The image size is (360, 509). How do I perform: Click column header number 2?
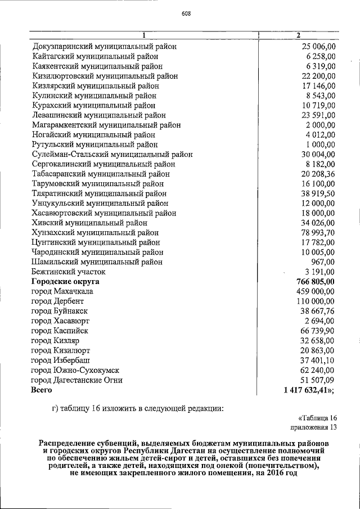tap(298, 36)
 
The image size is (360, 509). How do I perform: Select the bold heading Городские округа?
tap(65, 281)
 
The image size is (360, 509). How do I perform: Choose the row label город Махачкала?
tap(62, 291)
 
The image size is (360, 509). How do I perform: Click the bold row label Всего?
tap(42, 389)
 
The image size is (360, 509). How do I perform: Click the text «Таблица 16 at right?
tap(316, 417)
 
